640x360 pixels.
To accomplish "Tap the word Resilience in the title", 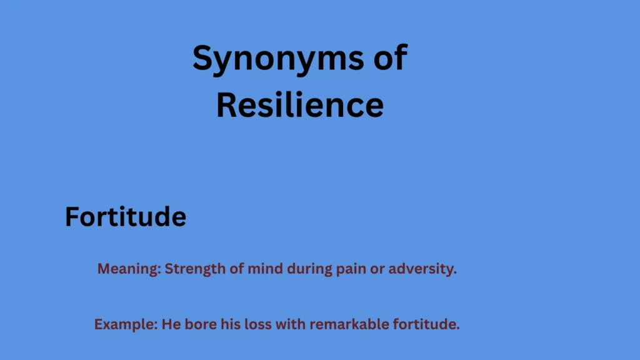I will (x=299, y=105).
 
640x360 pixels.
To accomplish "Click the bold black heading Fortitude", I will (x=126, y=217).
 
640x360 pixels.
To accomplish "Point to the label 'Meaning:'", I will (x=129, y=269).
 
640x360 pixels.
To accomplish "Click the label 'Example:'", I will (x=126, y=324).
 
